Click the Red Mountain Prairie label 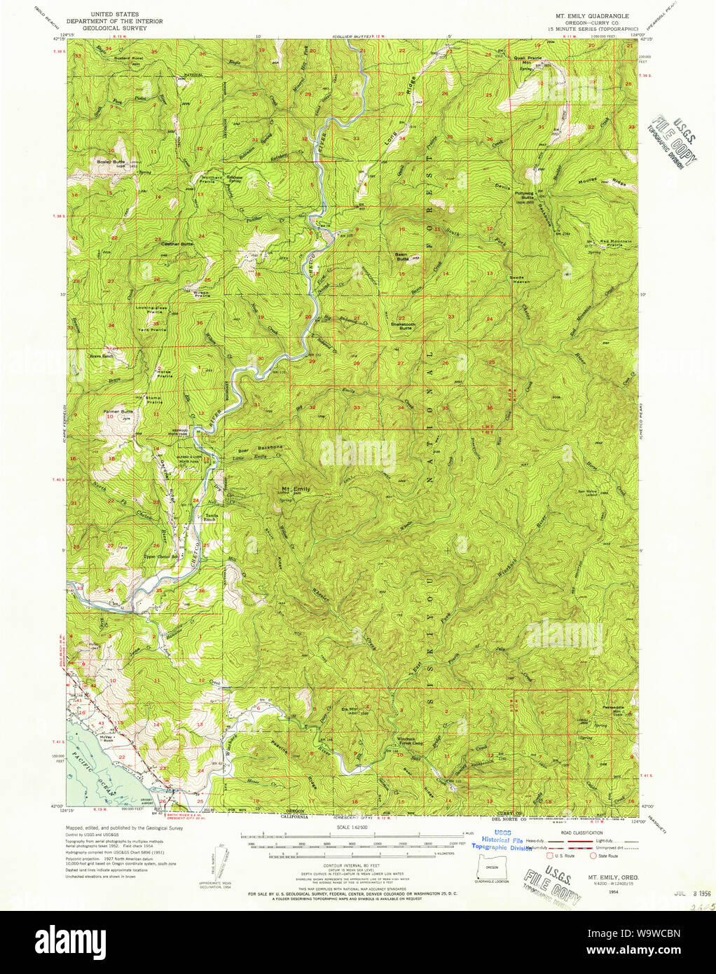(x=614, y=243)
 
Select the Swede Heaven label (x=521, y=280)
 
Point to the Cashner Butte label (x=177, y=244)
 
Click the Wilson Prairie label (x=202, y=294)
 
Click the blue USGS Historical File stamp (x=502, y=843)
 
